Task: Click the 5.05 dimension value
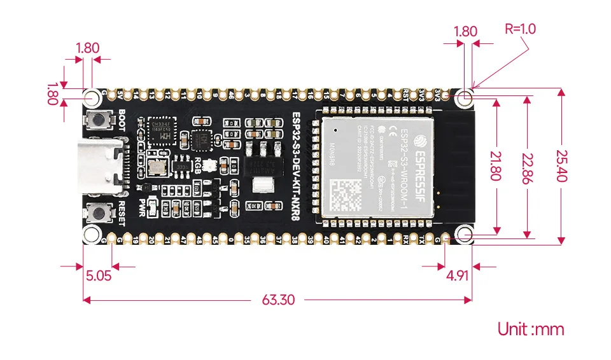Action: click(98, 275)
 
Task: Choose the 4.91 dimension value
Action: click(459, 275)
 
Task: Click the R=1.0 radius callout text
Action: click(520, 29)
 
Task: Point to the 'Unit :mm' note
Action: click(531, 329)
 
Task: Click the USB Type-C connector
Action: click(102, 166)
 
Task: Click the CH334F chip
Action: click(158, 130)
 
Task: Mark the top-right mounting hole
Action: click(465, 97)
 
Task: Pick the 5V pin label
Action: click(121, 95)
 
